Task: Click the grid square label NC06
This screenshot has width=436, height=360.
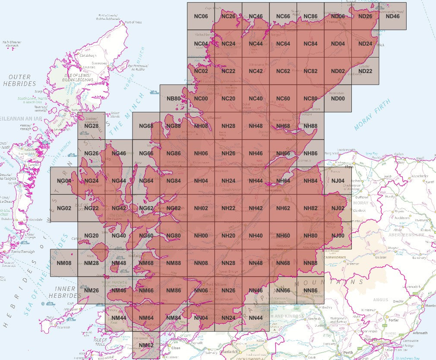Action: click(201, 16)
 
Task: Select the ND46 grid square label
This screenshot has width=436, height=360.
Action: click(392, 16)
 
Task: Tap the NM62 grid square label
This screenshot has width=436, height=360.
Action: click(146, 345)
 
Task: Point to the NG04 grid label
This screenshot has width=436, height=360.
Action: click(64, 181)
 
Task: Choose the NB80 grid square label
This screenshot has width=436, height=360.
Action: click(174, 99)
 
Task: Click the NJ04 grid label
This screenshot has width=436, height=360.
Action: click(338, 181)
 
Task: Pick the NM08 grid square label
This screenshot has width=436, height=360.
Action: click(64, 263)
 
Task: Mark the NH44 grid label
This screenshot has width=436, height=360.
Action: click(256, 181)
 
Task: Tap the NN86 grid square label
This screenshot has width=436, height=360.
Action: click(310, 290)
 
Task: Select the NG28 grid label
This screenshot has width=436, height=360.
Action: click(91, 126)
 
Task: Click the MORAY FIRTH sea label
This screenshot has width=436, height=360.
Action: click(372, 115)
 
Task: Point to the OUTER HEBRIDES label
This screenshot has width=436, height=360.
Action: click(19, 80)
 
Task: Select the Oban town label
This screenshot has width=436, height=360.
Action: click(176, 348)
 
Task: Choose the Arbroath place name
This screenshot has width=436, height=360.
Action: click(419, 333)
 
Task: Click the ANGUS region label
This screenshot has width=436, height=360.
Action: click(380, 299)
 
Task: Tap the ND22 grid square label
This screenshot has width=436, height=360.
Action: click(365, 71)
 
